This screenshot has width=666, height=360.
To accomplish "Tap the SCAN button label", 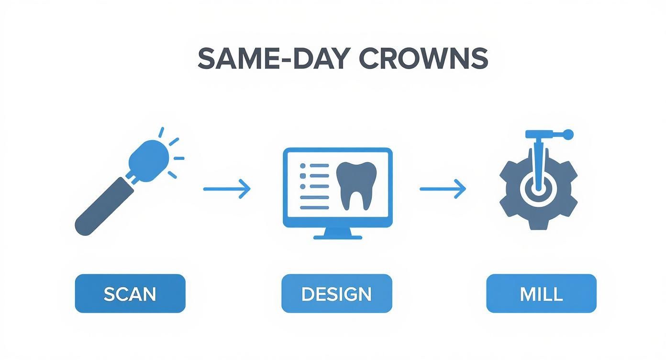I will pyautogui.click(x=130, y=293).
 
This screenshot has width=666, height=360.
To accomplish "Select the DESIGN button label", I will pyautogui.click(x=336, y=293).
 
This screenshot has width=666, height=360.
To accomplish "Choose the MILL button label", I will pyautogui.click(x=541, y=293).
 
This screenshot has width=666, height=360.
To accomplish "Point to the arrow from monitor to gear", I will pyautogui.click(x=443, y=189).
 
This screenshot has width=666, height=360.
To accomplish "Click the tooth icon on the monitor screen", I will pyautogui.click(x=356, y=184).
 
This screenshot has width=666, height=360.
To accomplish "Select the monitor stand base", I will pyautogui.click(x=337, y=236).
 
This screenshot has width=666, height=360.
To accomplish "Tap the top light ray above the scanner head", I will pyautogui.click(x=161, y=133).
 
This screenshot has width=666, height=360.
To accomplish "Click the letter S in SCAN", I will pyautogui.click(x=109, y=293).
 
